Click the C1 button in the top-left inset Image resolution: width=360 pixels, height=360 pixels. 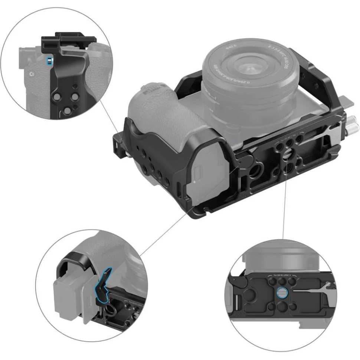tap(32, 73)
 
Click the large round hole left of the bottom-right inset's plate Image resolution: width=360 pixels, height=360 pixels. tap(253, 297)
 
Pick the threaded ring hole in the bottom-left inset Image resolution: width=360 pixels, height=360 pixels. tap(110, 310)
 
